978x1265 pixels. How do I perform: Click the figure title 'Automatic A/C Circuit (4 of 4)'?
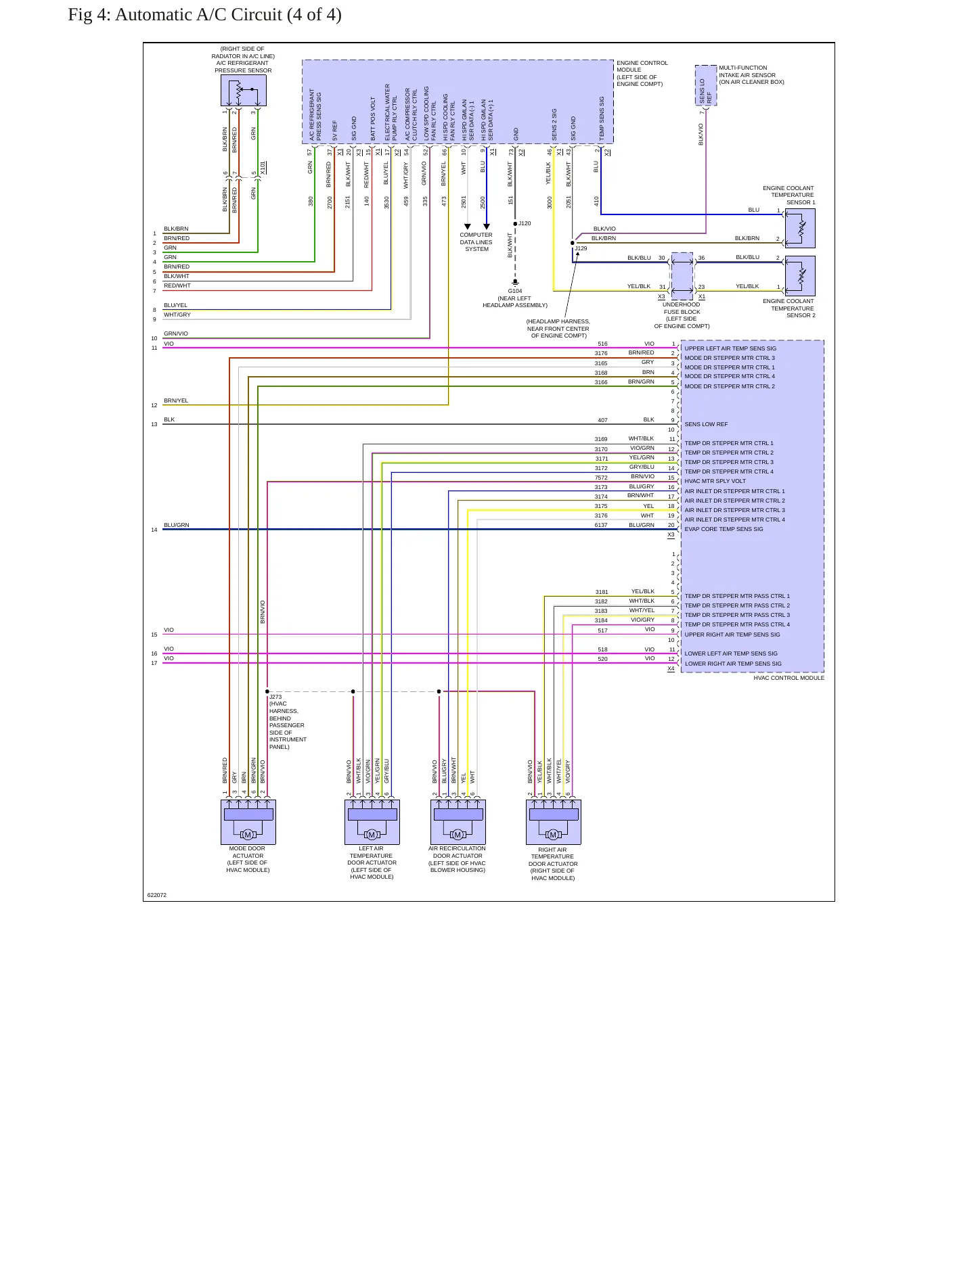click(x=228, y=15)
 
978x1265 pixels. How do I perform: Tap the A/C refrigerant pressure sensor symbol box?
click(x=244, y=90)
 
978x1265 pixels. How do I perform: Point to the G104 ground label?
click(x=515, y=291)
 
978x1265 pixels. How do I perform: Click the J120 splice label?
click(x=525, y=223)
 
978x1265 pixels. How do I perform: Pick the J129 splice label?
click(x=581, y=248)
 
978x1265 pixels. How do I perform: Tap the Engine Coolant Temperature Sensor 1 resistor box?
click(x=800, y=228)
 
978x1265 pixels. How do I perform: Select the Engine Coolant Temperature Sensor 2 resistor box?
click(x=800, y=275)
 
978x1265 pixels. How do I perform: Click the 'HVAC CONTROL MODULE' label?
click(x=789, y=678)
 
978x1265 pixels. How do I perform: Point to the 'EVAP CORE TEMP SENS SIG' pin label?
click(x=724, y=529)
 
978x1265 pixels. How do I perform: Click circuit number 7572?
click(x=601, y=478)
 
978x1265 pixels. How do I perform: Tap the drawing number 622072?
click(x=157, y=895)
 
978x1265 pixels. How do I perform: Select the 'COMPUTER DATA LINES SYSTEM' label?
click(x=476, y=242)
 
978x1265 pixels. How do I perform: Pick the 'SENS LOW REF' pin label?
click(x=706, y=424)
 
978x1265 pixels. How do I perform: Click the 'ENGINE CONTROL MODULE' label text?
click(x=642, y=73)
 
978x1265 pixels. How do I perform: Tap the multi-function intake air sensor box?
click(x=706, y=85)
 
